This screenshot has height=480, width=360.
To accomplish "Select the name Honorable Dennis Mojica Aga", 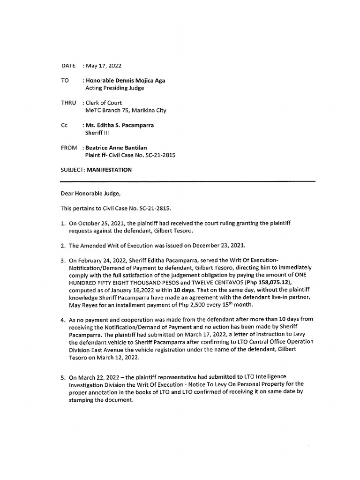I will point(125,80).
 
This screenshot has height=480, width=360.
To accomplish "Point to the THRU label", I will point(69,103).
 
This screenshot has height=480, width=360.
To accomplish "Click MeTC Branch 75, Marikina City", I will point(126,111).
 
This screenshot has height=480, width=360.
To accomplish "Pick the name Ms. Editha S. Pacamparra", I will point(119,125).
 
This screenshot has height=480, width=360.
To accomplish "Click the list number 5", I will point(62,377).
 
